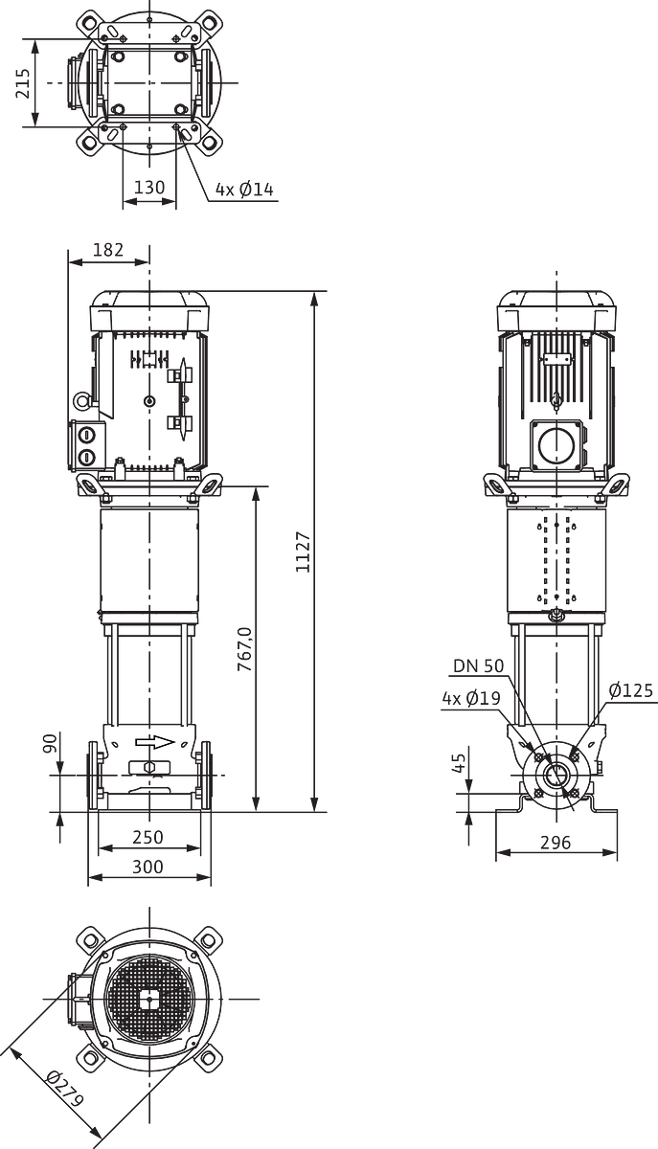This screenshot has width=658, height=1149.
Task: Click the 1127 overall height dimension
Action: pyautogui.click(x=304, y=552)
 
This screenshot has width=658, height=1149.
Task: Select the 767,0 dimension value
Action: pyautogui.click(x=245, y=649)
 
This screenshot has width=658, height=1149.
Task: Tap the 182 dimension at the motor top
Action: pyautogui.click(x=109, y=250)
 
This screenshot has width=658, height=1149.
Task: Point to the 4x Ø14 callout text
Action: pyautogui.click(x=244, y=190)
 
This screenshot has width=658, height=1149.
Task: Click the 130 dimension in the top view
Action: pyautogui.click(x=149, y=188)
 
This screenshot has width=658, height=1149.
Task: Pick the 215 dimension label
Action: pyautogui.click(x=23, y=82)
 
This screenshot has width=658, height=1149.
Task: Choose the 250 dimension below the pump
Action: pyautogui.click(x=147, y=837)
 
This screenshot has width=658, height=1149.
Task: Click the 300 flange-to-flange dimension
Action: pyautogui.click(x=147, y=867)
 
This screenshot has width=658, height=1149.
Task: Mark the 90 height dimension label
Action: pyautogui.click(x=50, y=744)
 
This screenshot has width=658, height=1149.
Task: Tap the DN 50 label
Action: pyautogui.click(x=478, y=665)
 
